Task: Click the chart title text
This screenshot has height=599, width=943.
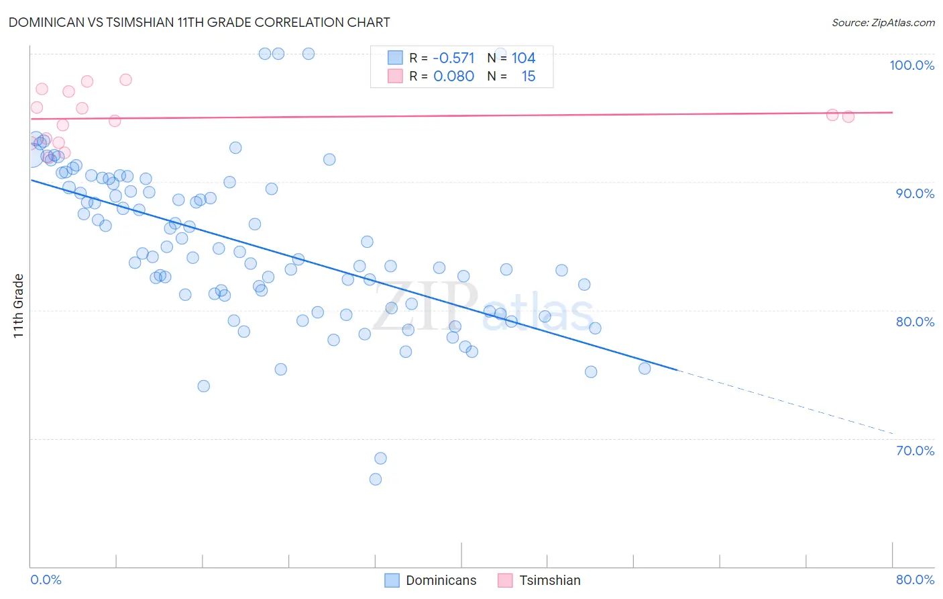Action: point(199,22)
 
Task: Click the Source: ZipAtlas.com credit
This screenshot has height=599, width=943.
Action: point(883,22)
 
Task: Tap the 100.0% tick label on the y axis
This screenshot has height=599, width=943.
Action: point(911,65)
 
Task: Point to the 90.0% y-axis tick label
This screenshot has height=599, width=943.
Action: point(915,193)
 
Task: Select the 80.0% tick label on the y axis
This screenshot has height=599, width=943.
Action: point(915,322)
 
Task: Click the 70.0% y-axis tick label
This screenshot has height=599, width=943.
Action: point(915,451)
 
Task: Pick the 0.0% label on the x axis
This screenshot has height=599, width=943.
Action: point(46,580)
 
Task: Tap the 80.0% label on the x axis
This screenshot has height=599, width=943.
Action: point(915,580)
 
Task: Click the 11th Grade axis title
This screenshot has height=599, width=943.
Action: point(18,306)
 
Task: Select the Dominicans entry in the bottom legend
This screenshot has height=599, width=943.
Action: point(441,580)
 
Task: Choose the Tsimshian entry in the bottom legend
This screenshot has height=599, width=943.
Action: point(549,580)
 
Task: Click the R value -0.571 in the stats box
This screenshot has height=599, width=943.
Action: point(453,58)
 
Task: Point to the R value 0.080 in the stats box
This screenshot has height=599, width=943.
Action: point(453,77)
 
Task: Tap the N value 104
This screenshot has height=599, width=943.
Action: point(523,58)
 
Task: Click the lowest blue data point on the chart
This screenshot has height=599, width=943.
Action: point(376,479)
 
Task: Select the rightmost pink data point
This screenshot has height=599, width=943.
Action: point(848,117)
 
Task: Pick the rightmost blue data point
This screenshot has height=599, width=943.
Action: point(645,369)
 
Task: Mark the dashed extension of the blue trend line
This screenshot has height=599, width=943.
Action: point(785,402)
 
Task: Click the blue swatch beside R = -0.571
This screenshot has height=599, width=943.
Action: point(396,58)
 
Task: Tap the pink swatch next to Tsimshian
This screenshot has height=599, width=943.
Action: point(505,580)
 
